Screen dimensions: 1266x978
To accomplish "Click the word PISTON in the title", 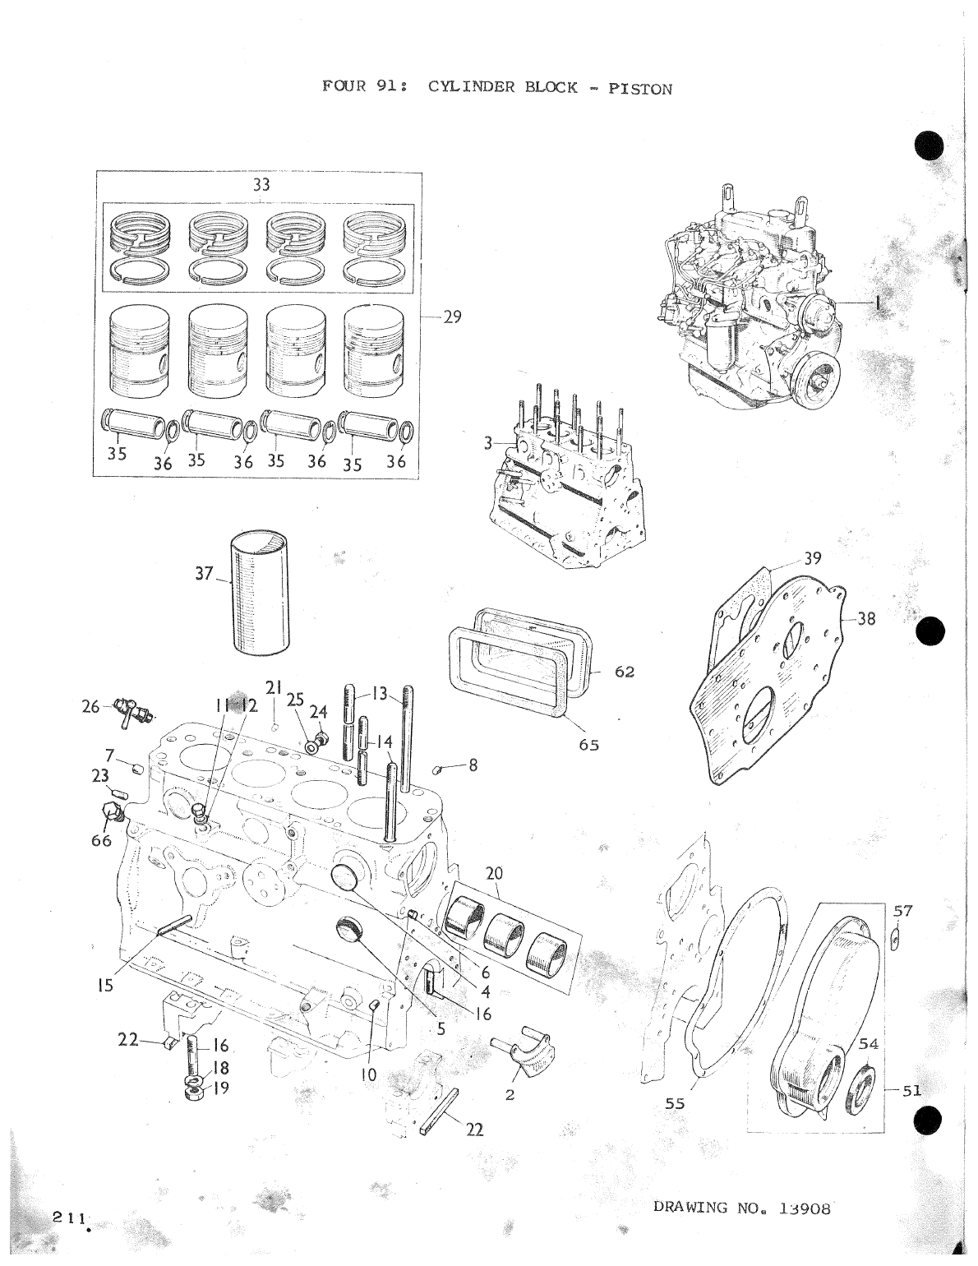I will [x=639, y=89].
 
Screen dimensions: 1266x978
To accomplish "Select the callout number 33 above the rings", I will [x=261, y=186].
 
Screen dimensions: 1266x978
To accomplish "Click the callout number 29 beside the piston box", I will [x=452, y=316].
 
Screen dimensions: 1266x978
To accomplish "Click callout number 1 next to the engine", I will [x=878, y=303].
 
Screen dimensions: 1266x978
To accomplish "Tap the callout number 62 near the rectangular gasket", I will [x=625, y=672].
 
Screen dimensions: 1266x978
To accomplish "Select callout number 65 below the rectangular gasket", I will [x=588, y=745].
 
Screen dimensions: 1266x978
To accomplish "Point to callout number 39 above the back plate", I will [x=812, y=559].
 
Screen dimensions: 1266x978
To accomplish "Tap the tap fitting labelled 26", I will [x=129, y=709].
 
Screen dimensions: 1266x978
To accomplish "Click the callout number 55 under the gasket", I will [x=674, y=1104].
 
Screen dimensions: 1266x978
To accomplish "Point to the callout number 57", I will [x=903, y=910].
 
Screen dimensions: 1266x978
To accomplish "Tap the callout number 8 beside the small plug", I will [x=473, y=765].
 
